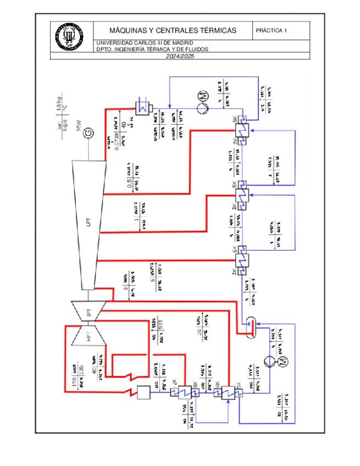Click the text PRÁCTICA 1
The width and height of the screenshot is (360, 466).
point(271,31)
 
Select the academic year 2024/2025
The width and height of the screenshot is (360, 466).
point(180,57)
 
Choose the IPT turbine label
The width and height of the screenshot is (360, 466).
point(87,314)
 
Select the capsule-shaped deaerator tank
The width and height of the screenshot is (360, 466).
point(251,325)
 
